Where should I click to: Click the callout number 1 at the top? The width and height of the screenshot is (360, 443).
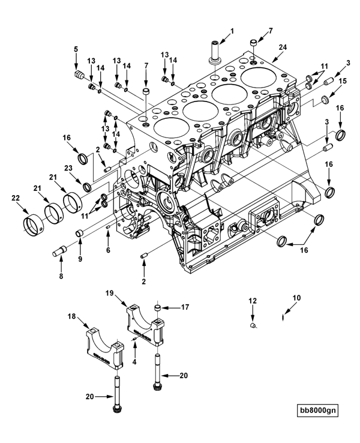[x=232, y=31]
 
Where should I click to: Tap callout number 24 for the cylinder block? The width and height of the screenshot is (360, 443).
[x=283, y=47]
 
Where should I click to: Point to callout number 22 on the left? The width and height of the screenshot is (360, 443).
[x=16, y=198]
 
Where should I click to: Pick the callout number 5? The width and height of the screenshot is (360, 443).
[x=76, y=49]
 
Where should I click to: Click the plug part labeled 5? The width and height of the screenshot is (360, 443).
[x=79, y=76]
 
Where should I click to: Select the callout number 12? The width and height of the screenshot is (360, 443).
[x=253, y=301]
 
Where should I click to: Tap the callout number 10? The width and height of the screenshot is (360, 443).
[x=297, y=298]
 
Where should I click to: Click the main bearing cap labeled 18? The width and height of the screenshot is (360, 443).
[x=104, y=348]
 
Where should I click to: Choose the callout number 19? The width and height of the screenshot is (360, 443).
[x=110, y=293]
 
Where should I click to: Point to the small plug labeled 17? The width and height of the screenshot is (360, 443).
[x=157, y=307]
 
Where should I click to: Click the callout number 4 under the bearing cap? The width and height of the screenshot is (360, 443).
[x=134, y=361]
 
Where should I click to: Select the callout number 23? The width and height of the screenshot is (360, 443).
[x=68, y=168]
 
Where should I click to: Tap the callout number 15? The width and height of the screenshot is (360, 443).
[x=343, y=81]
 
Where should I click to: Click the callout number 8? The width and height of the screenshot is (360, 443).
[x=61, y=276]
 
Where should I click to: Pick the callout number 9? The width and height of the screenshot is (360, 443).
[x=80, y=259]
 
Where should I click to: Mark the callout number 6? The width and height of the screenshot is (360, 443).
[x=108, y=250]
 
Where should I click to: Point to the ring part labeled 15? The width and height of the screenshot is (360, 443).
[x=326, y=100]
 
